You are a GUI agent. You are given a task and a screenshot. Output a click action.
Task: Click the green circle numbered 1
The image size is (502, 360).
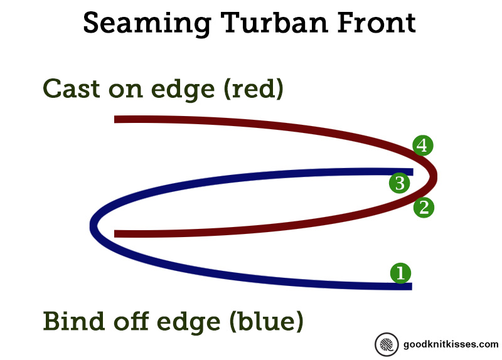click(x=400, y=273)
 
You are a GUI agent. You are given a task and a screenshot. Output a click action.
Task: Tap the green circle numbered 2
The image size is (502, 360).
click(x=424, y=208)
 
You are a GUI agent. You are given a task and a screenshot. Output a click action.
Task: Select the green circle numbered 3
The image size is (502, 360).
click(x=400, y=183)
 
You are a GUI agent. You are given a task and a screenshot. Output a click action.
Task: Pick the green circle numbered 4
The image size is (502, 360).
click(x=422, y=146)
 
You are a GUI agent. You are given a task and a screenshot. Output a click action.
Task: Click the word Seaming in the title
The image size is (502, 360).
click(x=147, y=24)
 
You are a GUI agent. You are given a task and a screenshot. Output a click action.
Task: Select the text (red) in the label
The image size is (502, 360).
click(x=254, y=89)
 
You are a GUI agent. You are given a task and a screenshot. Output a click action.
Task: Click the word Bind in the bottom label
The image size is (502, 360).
click(x=74, y=320)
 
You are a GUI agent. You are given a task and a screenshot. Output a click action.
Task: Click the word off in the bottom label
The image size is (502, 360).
click(x=131, y=320)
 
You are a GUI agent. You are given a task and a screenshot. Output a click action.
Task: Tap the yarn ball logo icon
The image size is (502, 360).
click(x=387, y=345)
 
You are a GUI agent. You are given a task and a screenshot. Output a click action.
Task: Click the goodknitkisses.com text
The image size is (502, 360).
click(x=451, y=344)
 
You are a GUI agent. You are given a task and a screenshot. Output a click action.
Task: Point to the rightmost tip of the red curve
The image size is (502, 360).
click(x=437, y=176)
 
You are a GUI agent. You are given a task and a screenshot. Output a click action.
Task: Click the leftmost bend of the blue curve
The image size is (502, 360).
click(x=90, y=226)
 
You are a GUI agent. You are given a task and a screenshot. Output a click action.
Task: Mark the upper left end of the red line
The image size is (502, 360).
click(x=115, y=119)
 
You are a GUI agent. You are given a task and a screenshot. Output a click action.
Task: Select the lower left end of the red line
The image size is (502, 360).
click(x=115, y=234)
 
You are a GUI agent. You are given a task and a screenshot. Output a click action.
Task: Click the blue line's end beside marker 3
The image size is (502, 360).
click(x=413, y=172)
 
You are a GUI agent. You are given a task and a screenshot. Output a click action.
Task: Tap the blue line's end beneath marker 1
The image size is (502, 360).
click(x=412, y=287)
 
